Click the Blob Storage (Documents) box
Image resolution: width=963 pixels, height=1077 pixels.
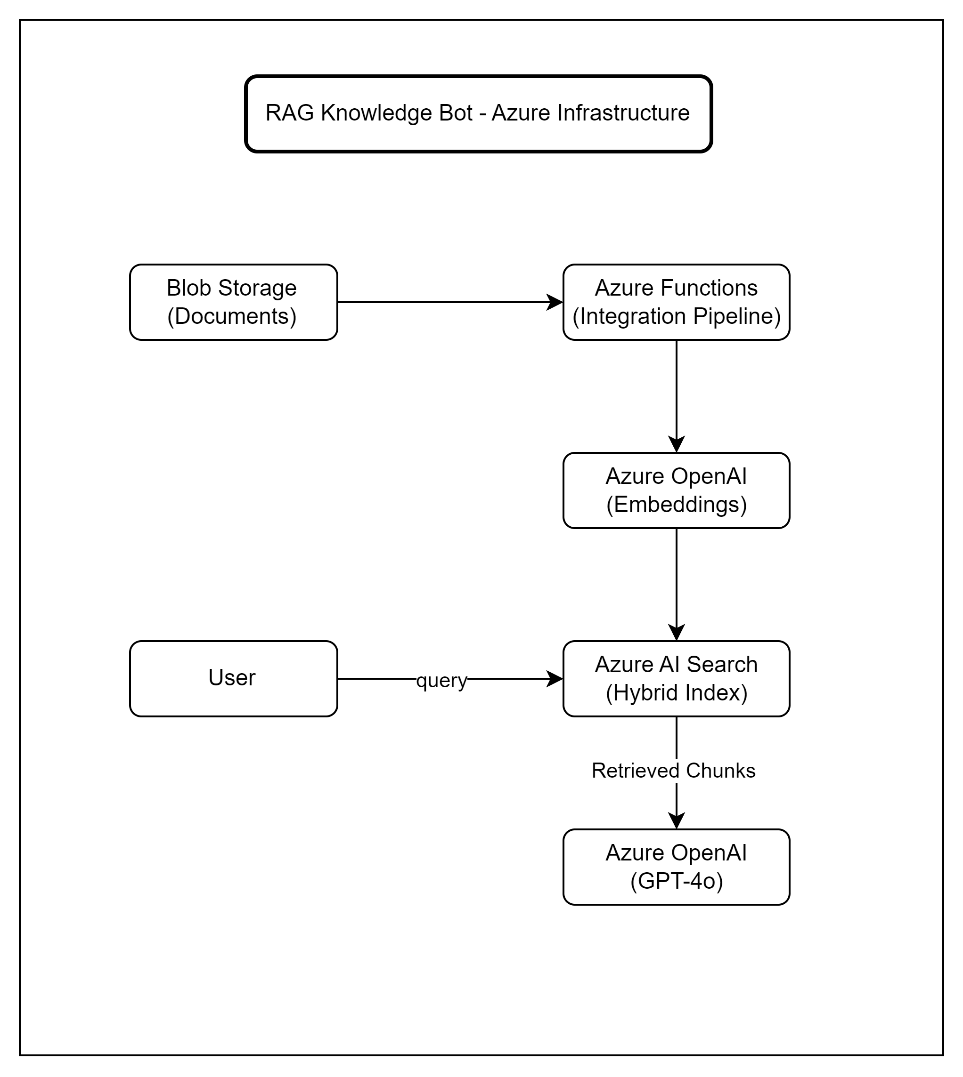[x=233, y=302]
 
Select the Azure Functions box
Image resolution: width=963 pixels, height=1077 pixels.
[x=676, y=302]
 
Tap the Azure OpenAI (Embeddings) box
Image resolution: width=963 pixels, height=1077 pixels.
[x=676, y=490]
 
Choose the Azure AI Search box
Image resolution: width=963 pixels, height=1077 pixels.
[x=676, y=678]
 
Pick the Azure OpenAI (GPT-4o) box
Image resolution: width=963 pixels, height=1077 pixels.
[x=676, y=867]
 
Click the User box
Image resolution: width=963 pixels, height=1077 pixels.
[x=233, y=678]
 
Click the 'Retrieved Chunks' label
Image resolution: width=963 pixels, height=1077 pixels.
[x=673, y=771]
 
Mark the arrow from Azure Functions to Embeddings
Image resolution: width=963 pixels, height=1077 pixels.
[x=677, y=391]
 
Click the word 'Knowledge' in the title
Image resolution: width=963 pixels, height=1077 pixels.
[x=369, y=113]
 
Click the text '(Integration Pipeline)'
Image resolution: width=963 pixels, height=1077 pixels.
[x=676, y=316]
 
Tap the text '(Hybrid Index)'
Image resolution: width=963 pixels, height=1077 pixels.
[x=676, y=692]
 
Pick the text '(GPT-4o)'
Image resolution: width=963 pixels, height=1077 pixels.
[x=676, y=881]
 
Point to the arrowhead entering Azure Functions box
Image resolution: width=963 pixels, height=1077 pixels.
[x=555, y=302]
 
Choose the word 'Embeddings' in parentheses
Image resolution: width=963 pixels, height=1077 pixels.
[x=676, y=505]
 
